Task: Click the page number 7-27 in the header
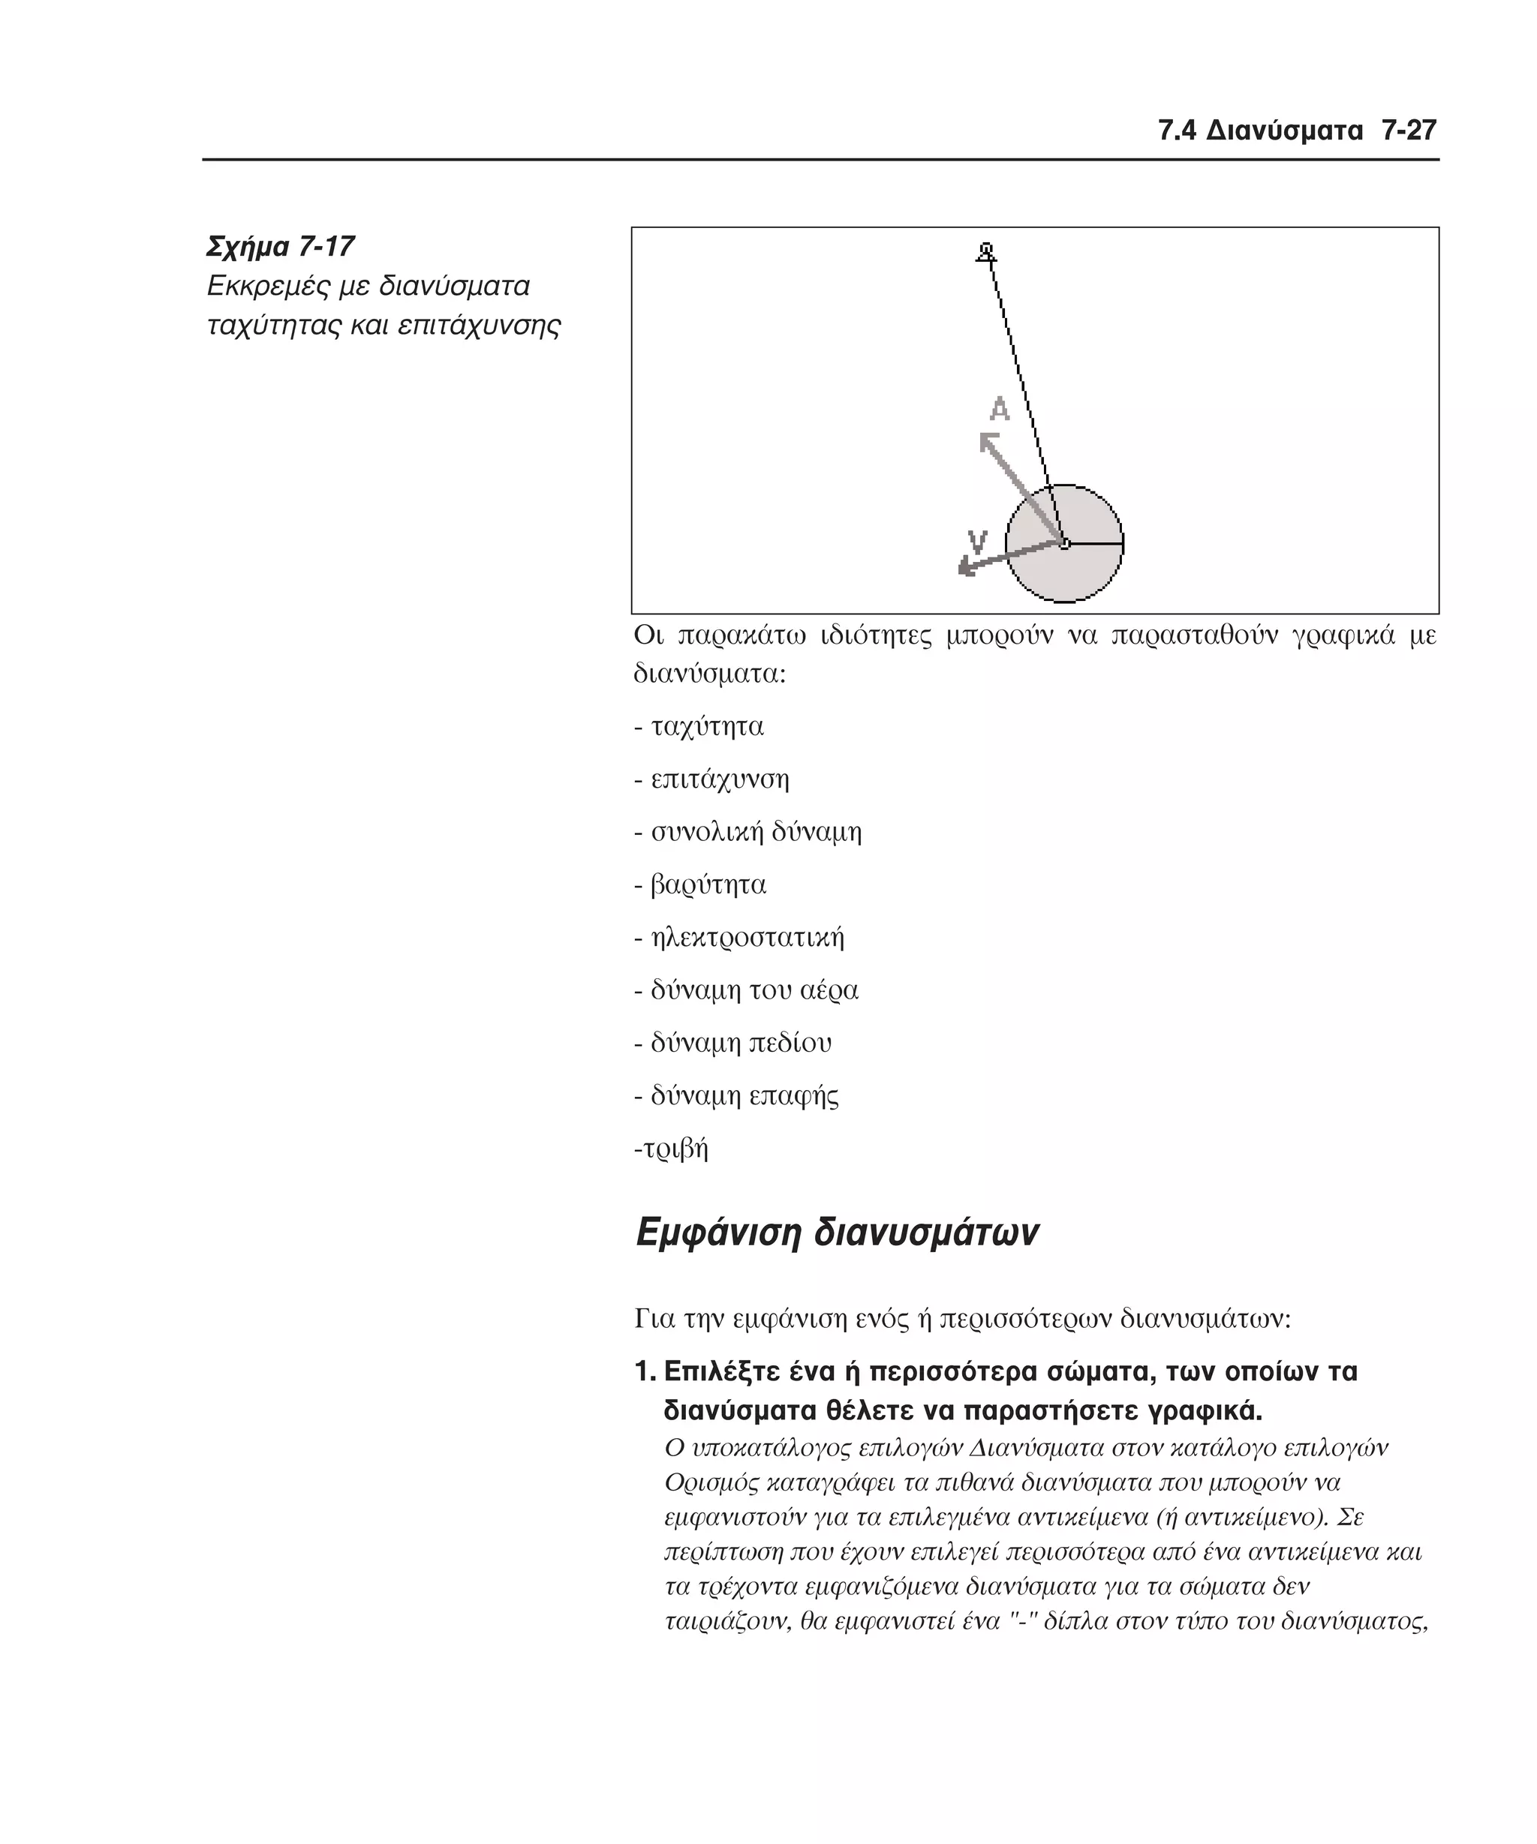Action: tap(1408, 132)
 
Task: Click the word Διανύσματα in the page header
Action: tap(1284, 132)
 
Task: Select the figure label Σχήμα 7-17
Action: tap(280, 247)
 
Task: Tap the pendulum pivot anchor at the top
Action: tap(986, 253)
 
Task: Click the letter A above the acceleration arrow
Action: tap(1000, 409)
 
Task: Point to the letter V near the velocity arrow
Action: tap(976, 541)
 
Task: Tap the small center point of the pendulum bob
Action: tap(1064, 545)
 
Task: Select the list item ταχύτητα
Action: tap(707, 727)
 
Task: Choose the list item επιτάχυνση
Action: tap(720, 779)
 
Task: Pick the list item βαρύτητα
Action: tap(708, 884)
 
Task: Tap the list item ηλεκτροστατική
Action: tap(747, 937)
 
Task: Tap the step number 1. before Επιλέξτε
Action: tap(645, 1371)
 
